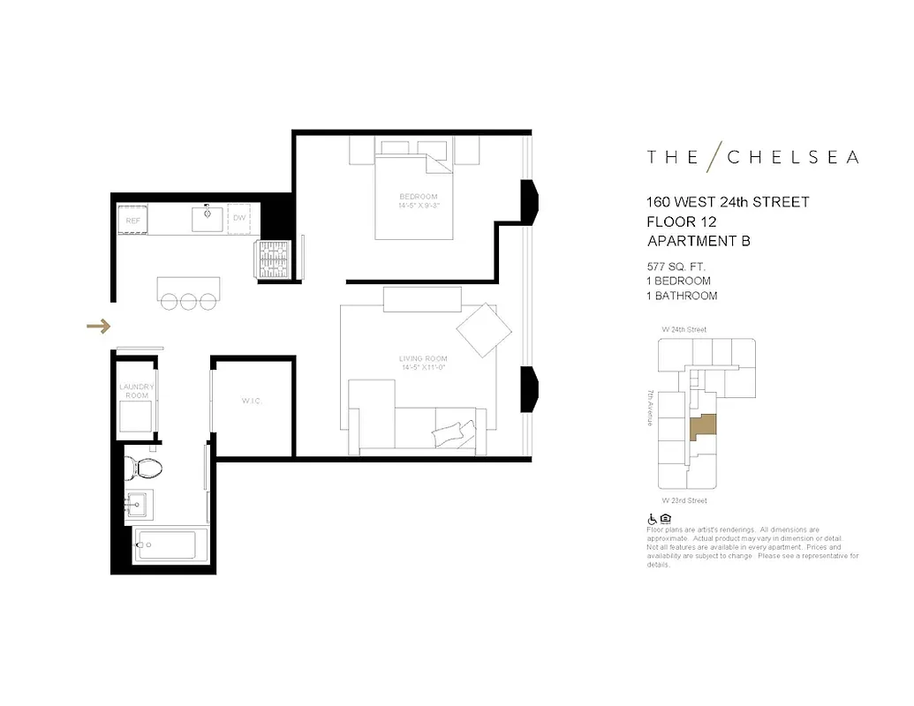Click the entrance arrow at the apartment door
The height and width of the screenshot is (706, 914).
98,327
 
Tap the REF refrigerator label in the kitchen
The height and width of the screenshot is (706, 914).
132,220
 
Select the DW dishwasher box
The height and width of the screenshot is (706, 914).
239,218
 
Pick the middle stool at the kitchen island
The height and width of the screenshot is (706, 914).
189,301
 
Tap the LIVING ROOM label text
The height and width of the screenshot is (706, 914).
423,358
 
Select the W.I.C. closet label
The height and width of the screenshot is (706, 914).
253,402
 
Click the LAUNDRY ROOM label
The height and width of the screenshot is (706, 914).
137,391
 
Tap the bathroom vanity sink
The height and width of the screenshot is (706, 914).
138,506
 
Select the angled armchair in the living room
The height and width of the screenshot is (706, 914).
484,330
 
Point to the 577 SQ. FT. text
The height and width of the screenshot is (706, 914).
676,266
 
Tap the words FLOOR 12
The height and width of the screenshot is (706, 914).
681,222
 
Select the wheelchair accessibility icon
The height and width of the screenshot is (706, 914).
653,519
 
